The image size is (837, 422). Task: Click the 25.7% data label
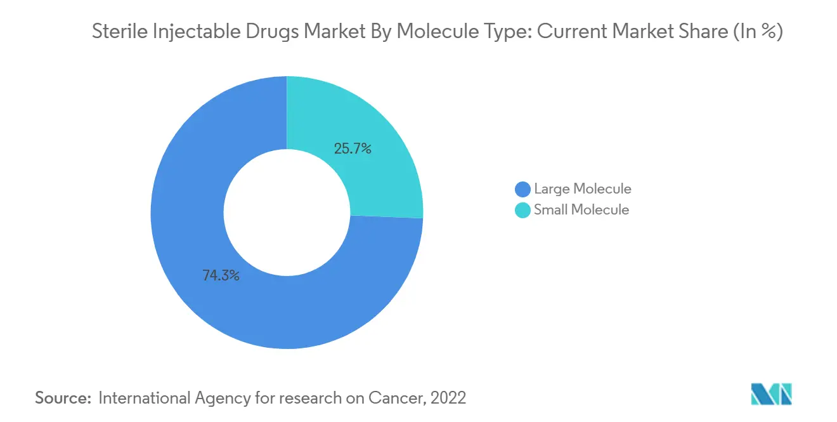[352, 149]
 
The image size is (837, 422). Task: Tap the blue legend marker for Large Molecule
[523, 189]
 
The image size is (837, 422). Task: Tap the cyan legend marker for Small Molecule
[523, 210]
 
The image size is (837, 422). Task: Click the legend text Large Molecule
[582, 189]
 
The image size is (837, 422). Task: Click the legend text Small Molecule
[581, 210]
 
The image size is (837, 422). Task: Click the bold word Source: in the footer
[63, 398]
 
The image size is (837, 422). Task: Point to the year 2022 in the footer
[448, 398]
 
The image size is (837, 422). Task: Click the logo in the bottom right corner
[772, 394]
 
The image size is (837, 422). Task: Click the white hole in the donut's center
[287, 213]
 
